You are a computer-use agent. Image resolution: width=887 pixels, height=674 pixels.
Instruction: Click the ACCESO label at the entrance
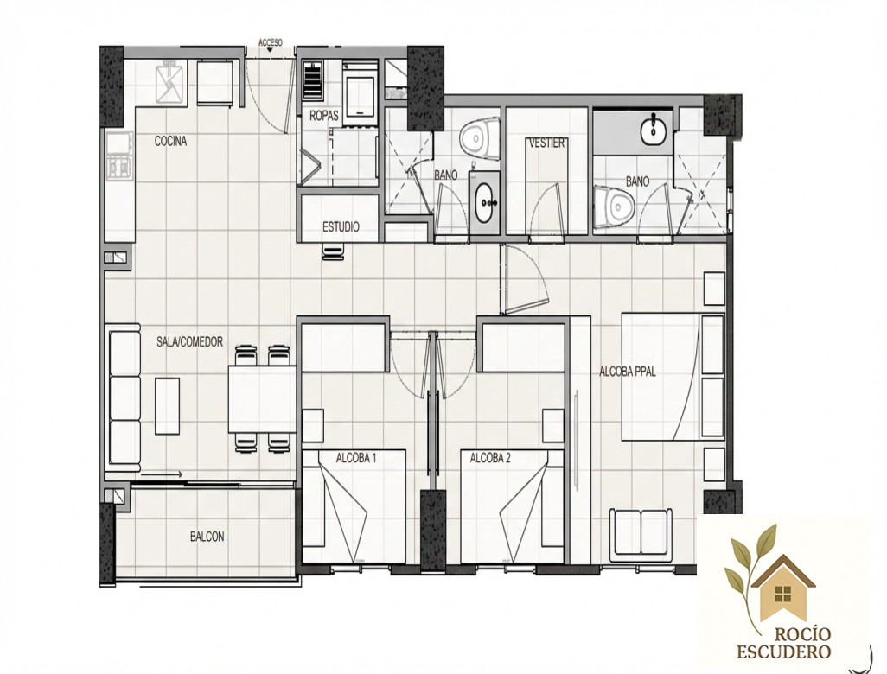[271, 42]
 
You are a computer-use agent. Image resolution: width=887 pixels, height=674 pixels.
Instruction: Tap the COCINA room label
[171, 142]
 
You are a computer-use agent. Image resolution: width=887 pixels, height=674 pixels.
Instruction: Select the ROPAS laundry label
[324, 116]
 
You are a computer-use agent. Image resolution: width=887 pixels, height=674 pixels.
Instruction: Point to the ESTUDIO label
[341, 227]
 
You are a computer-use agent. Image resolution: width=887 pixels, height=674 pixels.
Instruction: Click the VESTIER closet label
[546, 143]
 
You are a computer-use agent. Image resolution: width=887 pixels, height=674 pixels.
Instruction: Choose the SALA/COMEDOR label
[189, 342]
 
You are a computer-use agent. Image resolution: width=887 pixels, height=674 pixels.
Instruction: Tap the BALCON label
[207, 537]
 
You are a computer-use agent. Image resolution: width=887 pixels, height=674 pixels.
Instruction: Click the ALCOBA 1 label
[356, 458]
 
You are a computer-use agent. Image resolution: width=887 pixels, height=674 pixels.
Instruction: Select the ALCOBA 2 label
[490, 458]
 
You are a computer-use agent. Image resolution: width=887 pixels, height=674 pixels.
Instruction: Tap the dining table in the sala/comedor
[263, 399]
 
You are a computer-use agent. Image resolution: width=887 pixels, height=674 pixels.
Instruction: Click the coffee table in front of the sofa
[168, 406]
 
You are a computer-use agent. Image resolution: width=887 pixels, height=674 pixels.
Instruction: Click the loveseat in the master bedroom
[641, 533]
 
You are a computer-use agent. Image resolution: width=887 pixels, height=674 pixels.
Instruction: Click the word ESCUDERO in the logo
[783, 652]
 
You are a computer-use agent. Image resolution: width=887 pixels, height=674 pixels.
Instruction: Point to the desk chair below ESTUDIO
[334, 251]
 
